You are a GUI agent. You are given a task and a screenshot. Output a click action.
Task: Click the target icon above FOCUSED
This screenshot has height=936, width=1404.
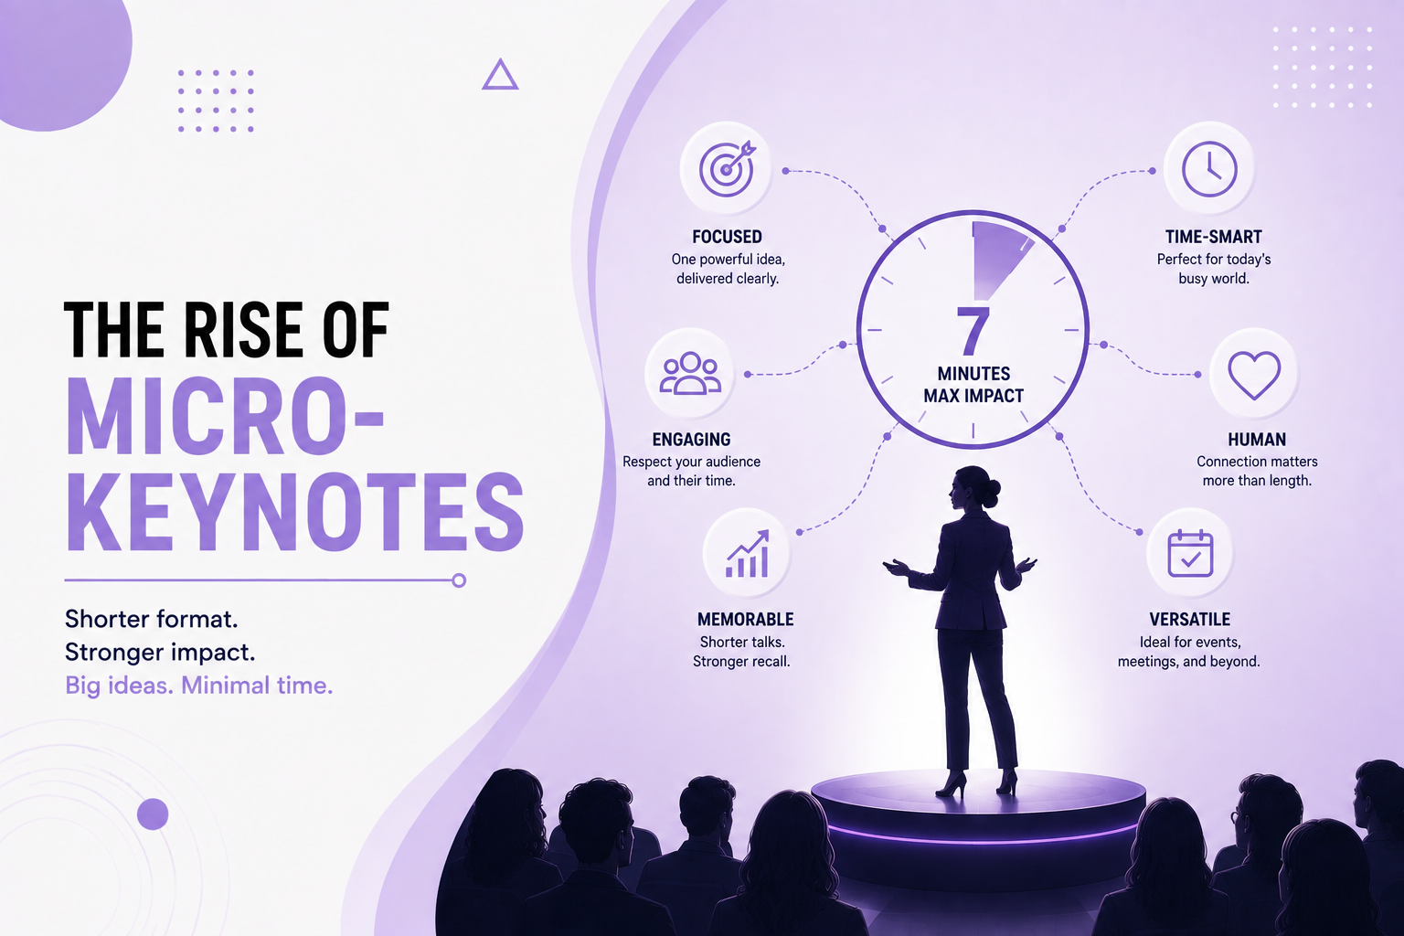pos(727,169)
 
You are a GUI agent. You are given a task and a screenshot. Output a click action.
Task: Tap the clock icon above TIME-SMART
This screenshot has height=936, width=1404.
pos(1209,169)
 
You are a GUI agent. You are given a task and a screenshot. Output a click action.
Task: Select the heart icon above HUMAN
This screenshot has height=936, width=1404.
pos(1253,375)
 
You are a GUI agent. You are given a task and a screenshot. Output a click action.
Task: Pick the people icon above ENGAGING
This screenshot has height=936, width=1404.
pos(690,374)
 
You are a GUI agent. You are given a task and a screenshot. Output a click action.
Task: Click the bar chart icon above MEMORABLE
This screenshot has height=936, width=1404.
pos(747,554)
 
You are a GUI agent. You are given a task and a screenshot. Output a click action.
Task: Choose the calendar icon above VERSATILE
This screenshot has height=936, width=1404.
pos(1190,554)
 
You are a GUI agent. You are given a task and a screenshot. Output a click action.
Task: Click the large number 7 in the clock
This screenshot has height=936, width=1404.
pos(973,330)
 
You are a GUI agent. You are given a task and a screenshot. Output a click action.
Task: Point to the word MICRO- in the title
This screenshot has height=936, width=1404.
pos(224,416)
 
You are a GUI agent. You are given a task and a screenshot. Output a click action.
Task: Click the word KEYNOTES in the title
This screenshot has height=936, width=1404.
pos(294,512)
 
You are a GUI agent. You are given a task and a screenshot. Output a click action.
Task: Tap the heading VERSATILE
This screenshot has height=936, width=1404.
pos(1189,620)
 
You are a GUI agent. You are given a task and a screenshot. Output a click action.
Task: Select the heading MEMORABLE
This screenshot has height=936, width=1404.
pos(745,620)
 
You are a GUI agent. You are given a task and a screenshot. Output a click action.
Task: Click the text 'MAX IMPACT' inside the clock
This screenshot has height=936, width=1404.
pos(973,396)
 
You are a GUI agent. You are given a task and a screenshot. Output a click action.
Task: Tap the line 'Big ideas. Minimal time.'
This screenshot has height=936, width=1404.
pos(198,686)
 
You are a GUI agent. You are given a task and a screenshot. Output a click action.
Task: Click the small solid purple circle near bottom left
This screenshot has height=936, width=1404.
pos(153,814)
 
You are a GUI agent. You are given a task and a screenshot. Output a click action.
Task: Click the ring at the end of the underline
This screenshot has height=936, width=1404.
pos(459,580)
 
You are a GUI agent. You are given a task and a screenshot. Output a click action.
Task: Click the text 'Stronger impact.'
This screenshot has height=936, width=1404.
pos(160,653)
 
